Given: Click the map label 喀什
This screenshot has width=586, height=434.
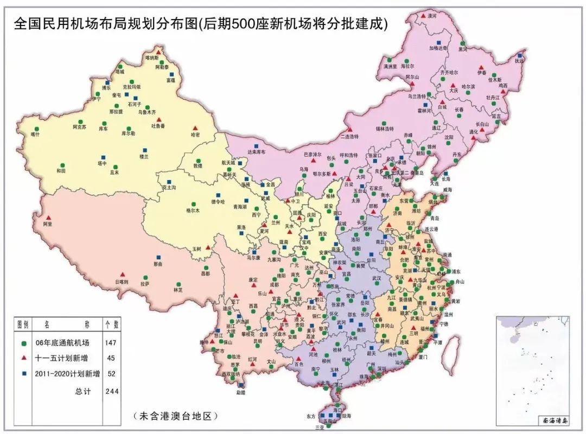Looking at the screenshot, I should [x=35, y=134].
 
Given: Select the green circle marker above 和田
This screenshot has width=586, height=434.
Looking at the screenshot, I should [x=62, y=164].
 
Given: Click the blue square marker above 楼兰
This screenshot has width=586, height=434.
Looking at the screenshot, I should [x=144, y=150].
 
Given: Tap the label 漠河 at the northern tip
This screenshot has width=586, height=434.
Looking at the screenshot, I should [x=432, y=17].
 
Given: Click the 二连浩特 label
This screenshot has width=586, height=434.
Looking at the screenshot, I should [x=349, y=136].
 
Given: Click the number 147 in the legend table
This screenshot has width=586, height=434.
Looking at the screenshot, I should [x=111, y=343].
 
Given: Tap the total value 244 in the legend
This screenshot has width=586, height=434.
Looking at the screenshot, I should [x=111, y=390].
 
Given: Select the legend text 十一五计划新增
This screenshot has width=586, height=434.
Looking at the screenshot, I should [x=60, y=358].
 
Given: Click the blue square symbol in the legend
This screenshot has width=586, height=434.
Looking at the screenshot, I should [x=23, y=374].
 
